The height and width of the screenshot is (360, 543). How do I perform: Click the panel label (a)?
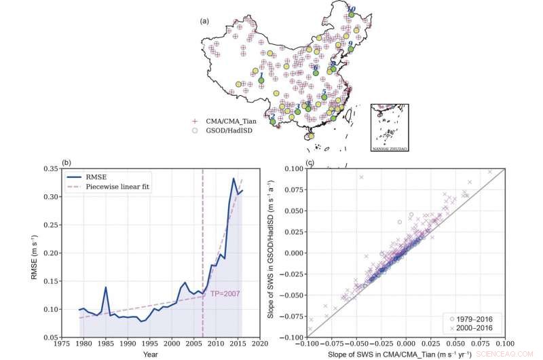point(203,21)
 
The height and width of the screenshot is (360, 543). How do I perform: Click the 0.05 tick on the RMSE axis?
point(48,338)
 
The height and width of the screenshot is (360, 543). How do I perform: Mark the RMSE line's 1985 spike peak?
point(106,287)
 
